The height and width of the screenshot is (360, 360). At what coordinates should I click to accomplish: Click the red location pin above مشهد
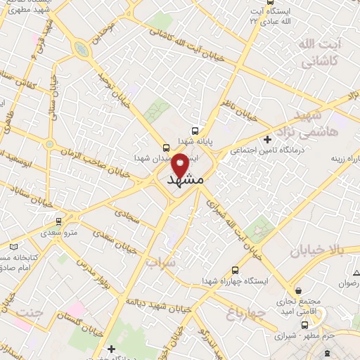tap(180, 165)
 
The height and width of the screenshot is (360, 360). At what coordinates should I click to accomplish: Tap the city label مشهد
tap(186, 180)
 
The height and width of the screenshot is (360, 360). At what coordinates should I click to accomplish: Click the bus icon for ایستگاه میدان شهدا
tap(166, 148)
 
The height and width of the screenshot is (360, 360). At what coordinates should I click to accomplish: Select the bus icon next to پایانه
tap(195, 131)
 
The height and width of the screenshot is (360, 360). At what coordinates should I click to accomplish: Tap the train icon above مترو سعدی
tap(59, 221)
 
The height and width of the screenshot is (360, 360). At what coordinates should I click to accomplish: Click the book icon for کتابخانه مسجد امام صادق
tap(15, 247)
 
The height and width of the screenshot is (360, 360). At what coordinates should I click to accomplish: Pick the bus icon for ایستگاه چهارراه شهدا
tap(235, 270)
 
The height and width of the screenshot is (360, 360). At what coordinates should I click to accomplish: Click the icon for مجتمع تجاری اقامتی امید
tap(300, 290)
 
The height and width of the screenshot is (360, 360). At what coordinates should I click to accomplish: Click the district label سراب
tap(161, 262)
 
